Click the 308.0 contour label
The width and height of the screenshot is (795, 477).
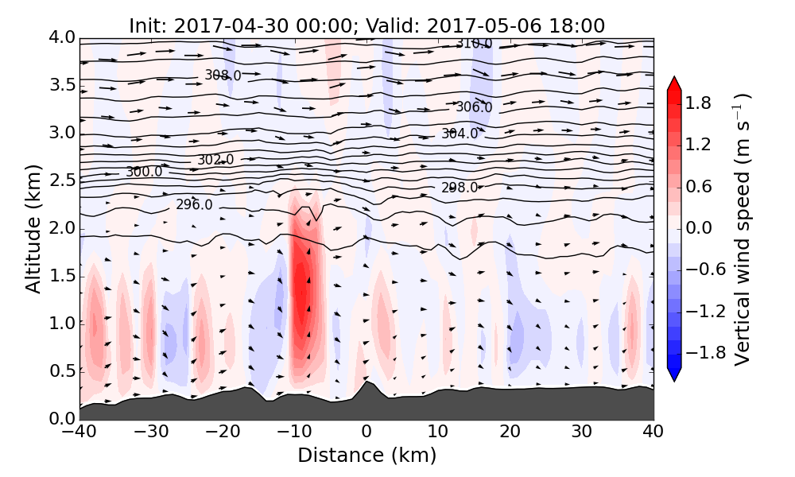pyautogui.click(x=223, y=75)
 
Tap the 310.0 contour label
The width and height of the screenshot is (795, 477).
pyautogui.click(x=474, y=43)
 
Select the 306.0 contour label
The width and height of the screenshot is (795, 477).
pyautogui.click(x=474, y=107)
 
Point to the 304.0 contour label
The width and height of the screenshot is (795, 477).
pyautogui.click(x=460, y=134)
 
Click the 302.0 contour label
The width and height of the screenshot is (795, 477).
pyautogui.click(x=215, y=160)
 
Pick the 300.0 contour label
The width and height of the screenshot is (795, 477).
pyautogui.click(x=144, y=172)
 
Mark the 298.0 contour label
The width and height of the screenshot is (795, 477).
pyautogui.click(x=460, y=188)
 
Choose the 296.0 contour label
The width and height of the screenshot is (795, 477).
pyautogui.click(x=194, y=204)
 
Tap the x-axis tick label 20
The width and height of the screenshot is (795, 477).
pyautogui.click(x=510, y=432)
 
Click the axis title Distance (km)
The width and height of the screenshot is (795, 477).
pyautogui.click(x=366, y=455)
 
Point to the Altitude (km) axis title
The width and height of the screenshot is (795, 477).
pyautogui.click(x=33, y=228)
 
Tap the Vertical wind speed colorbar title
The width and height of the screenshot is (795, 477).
pyautogui.click(x=743, y=229)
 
